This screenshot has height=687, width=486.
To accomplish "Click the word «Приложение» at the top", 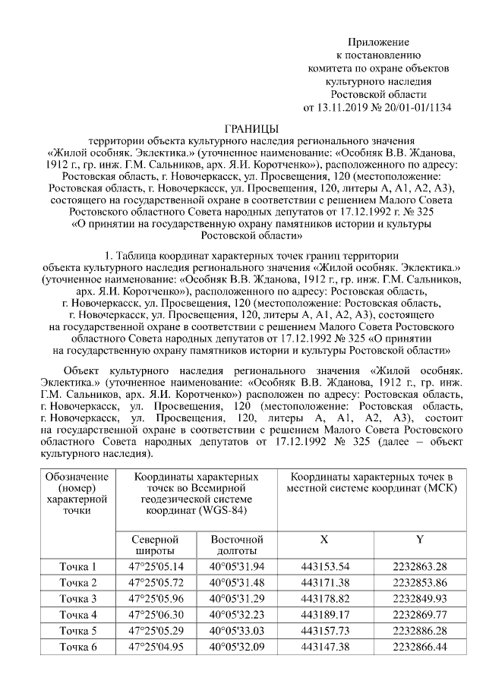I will (378, 42).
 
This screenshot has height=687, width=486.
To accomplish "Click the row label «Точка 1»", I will (78, 566).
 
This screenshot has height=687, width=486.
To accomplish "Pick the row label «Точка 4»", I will (78, 614).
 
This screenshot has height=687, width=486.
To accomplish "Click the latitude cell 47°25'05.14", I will (156, 566).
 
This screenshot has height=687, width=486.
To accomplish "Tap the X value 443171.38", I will (325, 582).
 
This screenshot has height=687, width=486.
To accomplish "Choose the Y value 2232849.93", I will (420, 598).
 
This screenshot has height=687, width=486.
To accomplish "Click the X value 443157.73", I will (325, 630).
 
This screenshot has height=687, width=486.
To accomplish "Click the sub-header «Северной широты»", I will (156, 544).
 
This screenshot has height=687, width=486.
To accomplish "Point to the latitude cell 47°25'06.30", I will (156, 614).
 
